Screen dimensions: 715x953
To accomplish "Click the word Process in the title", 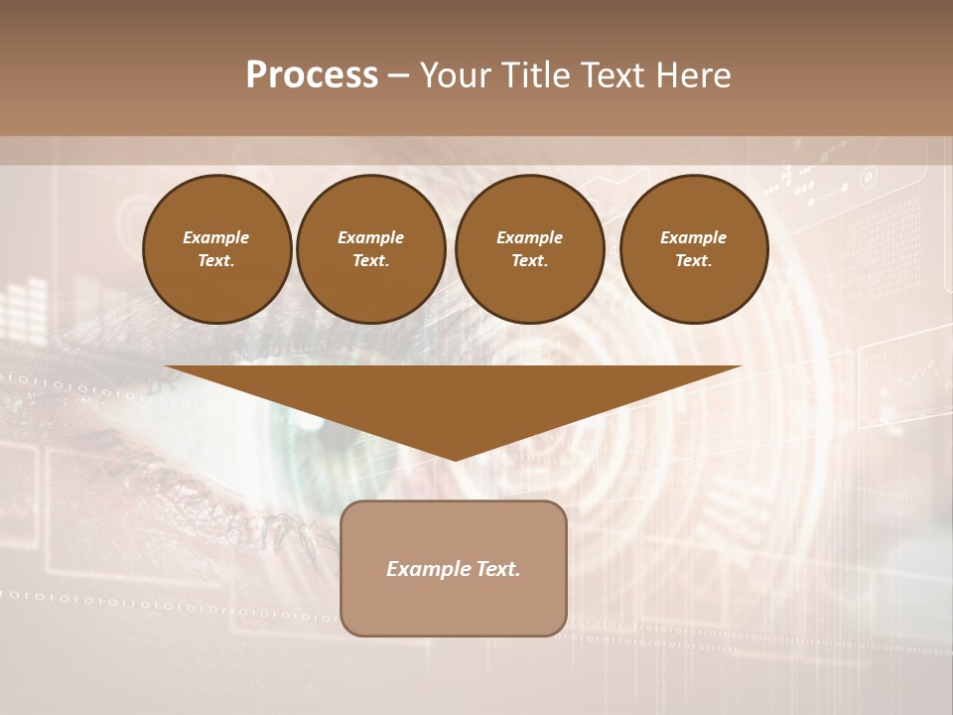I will [312, 75].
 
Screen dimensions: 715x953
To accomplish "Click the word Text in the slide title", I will [613, 75].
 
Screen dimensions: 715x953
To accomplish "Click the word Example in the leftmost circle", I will [216, 237].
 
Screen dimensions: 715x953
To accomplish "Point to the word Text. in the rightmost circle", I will [693, 261].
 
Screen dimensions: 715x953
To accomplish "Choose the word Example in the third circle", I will [529, 237].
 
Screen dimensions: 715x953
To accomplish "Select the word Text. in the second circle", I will [371, 261].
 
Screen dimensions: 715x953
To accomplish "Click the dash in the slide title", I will [398, 75].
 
